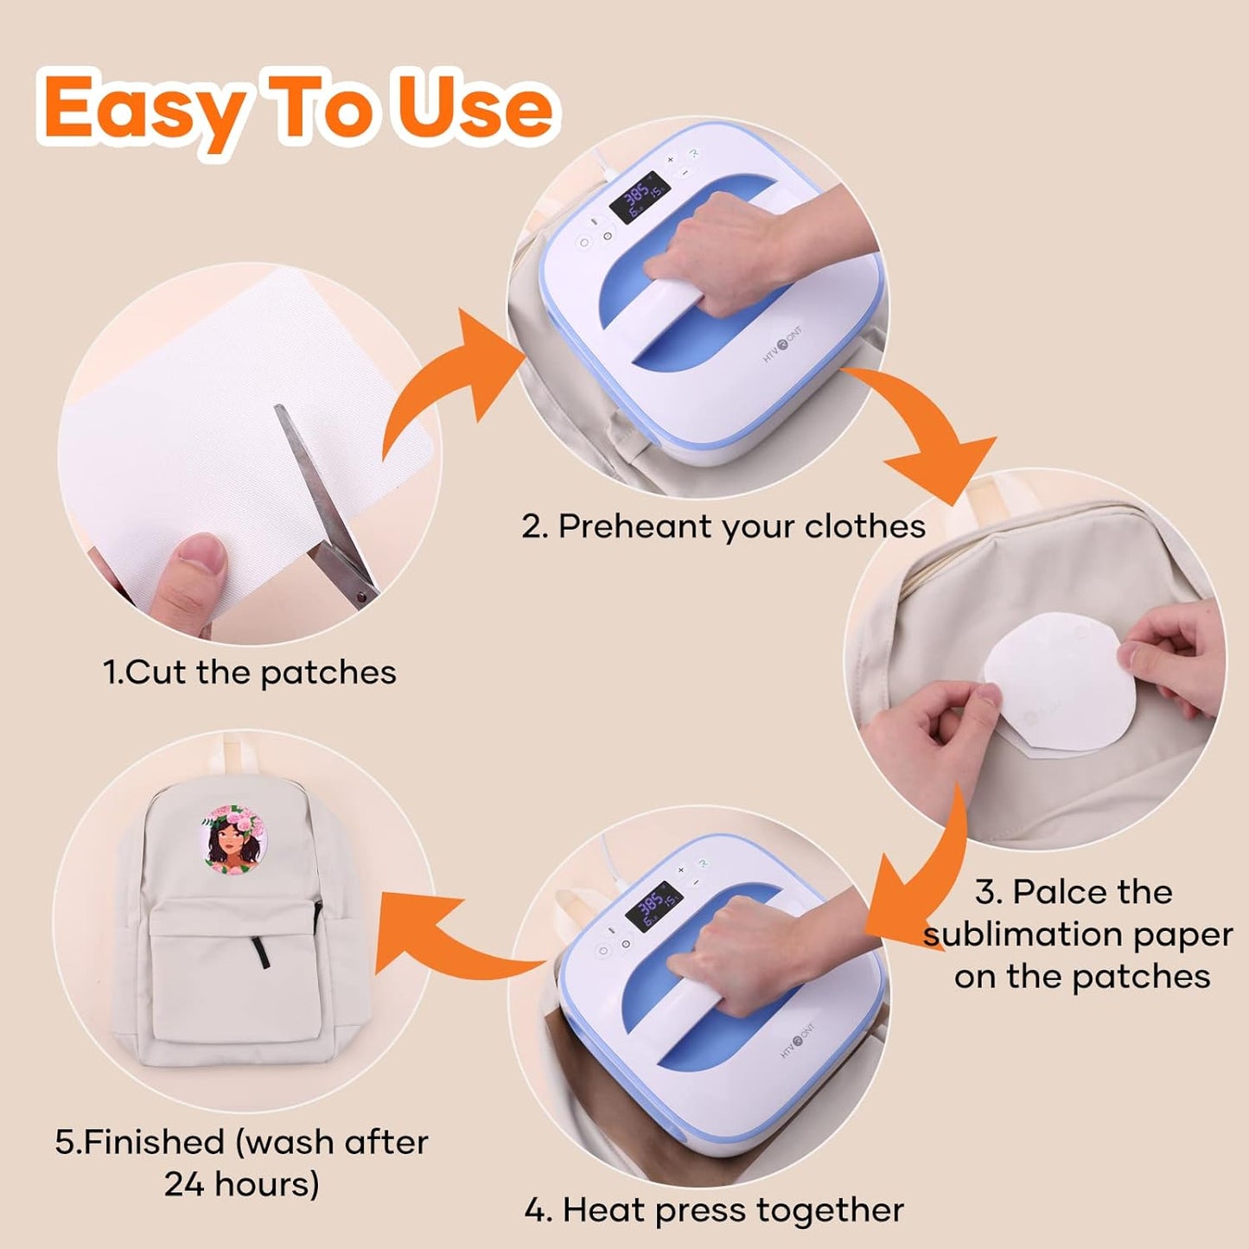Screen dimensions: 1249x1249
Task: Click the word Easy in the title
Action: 143,111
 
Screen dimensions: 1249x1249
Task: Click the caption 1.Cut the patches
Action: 250,672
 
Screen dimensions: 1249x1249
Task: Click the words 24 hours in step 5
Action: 241,1183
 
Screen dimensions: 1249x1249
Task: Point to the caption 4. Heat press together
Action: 714,1210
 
